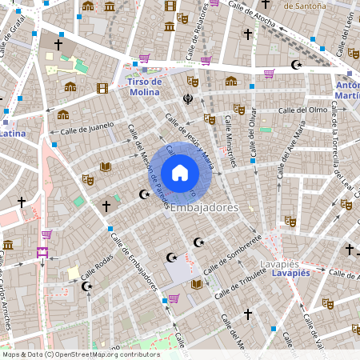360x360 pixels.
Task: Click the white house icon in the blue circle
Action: click(180, 172)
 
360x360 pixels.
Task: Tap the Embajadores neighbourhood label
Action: click(205, 208)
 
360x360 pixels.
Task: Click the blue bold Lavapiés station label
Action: click(290, 273)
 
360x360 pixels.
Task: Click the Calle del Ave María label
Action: click(291, 149)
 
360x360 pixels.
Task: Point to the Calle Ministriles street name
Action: click(231, 134)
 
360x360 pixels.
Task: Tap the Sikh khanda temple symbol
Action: click(188, 100)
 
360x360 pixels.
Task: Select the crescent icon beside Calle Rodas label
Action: click(87, 286)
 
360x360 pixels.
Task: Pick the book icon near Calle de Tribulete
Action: click(198, 283)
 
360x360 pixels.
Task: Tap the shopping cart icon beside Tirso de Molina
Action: click(144, 58)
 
